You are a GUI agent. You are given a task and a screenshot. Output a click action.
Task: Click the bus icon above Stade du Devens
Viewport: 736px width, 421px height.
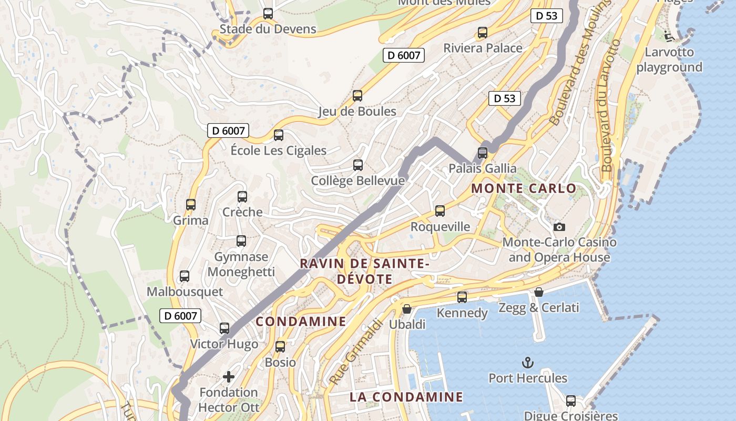pyautogui.click(x=268, y=14)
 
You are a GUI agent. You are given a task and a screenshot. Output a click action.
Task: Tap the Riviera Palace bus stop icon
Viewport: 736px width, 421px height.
pyautogui.click(x=483, y=33)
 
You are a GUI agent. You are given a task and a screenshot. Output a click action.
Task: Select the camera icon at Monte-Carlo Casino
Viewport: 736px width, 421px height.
pyautogui.click(x=559, y=227)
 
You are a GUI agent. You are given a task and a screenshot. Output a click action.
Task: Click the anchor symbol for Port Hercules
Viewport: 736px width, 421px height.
pyautogui.click(x=527, y=362)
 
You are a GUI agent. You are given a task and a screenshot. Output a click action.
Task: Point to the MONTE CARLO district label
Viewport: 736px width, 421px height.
pyautogui.click(x=524, y=188)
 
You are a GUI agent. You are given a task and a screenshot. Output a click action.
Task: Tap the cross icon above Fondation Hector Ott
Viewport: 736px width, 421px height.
pyautogui.click(x=229, y=376)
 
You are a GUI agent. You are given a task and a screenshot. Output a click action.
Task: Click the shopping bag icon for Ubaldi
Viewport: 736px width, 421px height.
pyautogui.click(x=407, y=308)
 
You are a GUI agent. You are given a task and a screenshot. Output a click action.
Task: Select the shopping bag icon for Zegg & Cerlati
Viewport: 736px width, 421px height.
pyautogui.click(x=539, y=292)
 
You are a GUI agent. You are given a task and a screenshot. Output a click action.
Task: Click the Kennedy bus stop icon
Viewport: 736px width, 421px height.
pyautogui.click(x=462, y=297)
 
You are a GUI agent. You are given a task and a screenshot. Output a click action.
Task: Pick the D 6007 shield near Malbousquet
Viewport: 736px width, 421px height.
pyautogui.click(x=180, y=316)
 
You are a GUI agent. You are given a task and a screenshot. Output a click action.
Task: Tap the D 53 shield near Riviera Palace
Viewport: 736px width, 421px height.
pyautogui.click(x=546, y=16)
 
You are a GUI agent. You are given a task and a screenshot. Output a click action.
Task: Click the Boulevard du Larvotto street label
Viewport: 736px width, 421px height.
pyautogui.click(x=610, y=105)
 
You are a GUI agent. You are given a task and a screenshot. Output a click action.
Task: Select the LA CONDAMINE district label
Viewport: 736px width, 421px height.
pyautogui.click(x=406, y=397)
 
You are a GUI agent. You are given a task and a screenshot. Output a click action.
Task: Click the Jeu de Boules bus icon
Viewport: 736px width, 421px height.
pyautogui.click(x=357, y=96)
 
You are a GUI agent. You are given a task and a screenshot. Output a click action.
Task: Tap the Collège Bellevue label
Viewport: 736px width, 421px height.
pyautogui.click(x=357, y=181)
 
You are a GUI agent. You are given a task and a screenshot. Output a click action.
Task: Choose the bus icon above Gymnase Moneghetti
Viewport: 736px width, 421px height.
pyautogui.click(x=241, y=241)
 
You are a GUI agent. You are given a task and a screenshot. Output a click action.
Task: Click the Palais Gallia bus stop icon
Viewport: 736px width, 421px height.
pyautogui.click(x=483, y=153)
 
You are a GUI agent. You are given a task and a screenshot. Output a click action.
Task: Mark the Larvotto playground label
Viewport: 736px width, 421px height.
pyautogui.click(x=669, y=59)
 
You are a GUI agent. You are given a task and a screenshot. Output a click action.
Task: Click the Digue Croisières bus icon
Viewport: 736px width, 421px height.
pyautogui.click(x=571, y=400)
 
